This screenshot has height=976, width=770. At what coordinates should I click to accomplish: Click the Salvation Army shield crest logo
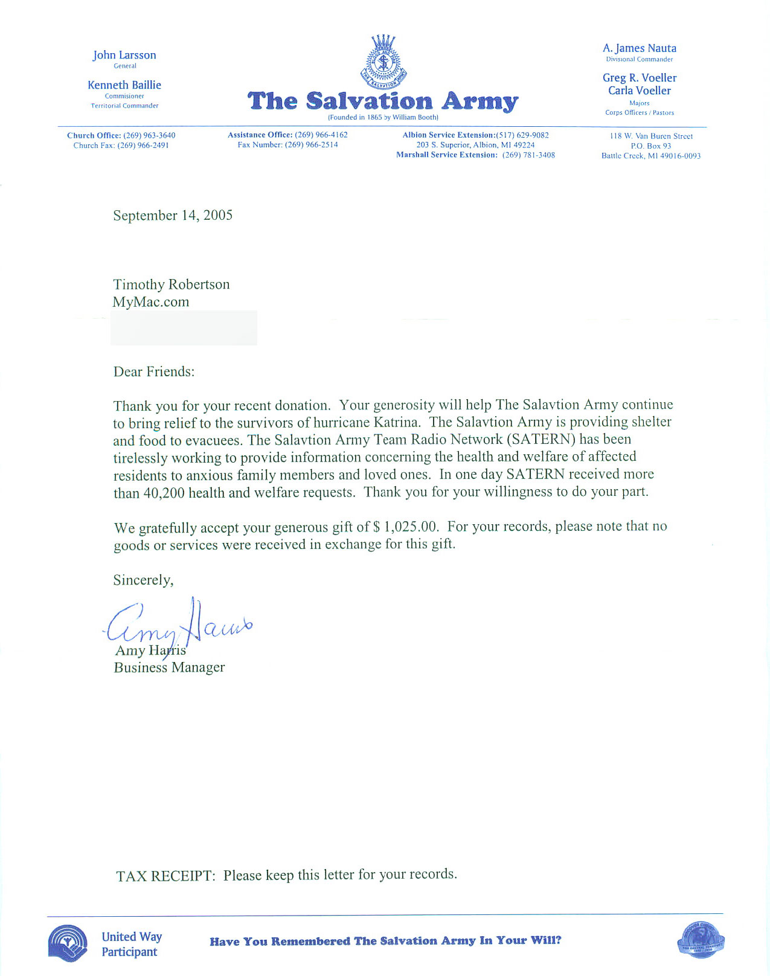(383, 62)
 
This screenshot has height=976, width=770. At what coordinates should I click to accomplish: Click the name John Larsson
(124, 55)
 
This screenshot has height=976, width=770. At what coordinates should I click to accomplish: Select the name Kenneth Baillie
(124, 85)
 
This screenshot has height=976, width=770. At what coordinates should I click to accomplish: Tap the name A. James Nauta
(640, 48)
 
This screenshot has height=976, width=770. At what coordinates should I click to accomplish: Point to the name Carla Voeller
(640, 91)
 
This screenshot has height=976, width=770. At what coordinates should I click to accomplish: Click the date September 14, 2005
(173, 216)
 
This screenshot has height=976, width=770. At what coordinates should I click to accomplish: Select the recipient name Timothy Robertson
(172, 284)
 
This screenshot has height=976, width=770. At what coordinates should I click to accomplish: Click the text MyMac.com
(151, 302)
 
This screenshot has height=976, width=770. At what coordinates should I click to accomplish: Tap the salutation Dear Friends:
(154, 371)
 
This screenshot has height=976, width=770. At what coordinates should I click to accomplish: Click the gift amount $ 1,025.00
(406, 527)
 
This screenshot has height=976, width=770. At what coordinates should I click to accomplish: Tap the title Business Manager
(169, 667)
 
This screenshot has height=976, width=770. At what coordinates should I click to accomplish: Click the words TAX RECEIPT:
(165, 876)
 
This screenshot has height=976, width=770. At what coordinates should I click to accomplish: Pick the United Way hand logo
(68, 943)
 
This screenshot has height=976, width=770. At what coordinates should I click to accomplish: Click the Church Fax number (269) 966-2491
(143, 146)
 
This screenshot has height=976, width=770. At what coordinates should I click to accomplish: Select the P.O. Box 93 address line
(651, 146)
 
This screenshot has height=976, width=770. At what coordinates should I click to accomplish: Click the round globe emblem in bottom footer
(701, 941)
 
